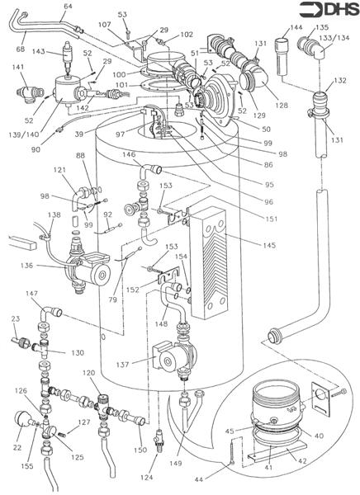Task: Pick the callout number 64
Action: [67, 7]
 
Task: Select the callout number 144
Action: [295, 27]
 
